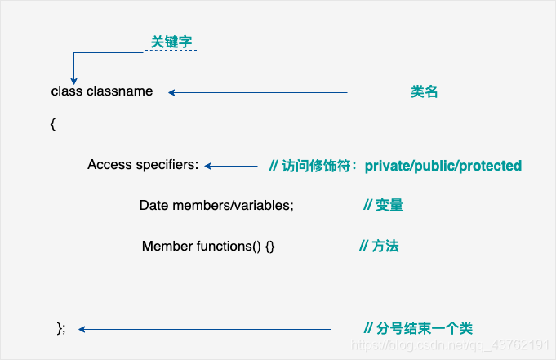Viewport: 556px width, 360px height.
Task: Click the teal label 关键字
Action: pyautogui.click(x=171, y=41)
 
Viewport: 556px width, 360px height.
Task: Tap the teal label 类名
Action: pyautogui.click(x=425, y=92)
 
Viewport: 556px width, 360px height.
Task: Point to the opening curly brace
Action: pyautogui.click(x=53, y=124)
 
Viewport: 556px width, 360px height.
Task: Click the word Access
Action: pyautogui.click(x=109, y=165)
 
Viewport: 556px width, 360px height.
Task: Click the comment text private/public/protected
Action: pyautogui.click(x=443, y=166)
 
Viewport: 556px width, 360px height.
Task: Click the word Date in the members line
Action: pyautogui.click(x=153, y=206)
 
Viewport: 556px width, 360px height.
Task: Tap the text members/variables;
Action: pyautogui.click(x=233, y=206)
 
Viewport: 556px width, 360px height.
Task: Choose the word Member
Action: pyautogui.click(x=167, y=246)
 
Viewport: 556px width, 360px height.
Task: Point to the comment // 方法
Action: pyautogui.click(x=380, y=246)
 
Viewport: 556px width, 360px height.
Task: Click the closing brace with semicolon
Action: pyautogui.click(x=60, y=328)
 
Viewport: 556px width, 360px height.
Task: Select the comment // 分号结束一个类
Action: pyautogui.click(x=418, y=328)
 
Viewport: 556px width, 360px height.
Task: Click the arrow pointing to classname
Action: pyautogui.click(x=258, y=92)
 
